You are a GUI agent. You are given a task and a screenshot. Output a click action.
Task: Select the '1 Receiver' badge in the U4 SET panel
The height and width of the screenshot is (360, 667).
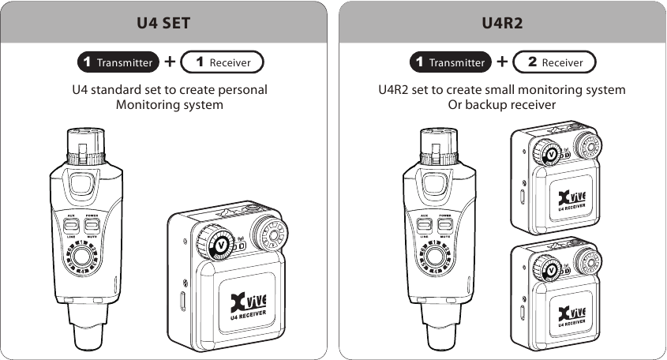click(x=222, y=62)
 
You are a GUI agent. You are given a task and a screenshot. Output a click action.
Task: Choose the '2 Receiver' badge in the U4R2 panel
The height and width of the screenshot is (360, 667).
click(x=554, y=62)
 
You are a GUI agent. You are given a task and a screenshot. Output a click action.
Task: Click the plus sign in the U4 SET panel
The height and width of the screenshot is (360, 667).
click(x=170, y=62)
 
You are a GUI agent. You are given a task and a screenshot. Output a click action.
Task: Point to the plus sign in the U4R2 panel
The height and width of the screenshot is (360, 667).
click(x=502, y=62)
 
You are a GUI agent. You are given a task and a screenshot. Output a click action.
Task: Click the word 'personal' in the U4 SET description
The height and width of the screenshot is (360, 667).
click(x=242, y=89)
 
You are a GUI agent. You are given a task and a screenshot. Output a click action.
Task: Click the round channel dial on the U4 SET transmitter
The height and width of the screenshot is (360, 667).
click(x=81, y=258)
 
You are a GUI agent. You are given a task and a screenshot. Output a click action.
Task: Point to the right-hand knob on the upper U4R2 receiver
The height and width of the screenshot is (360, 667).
click(x=586, y=145)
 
